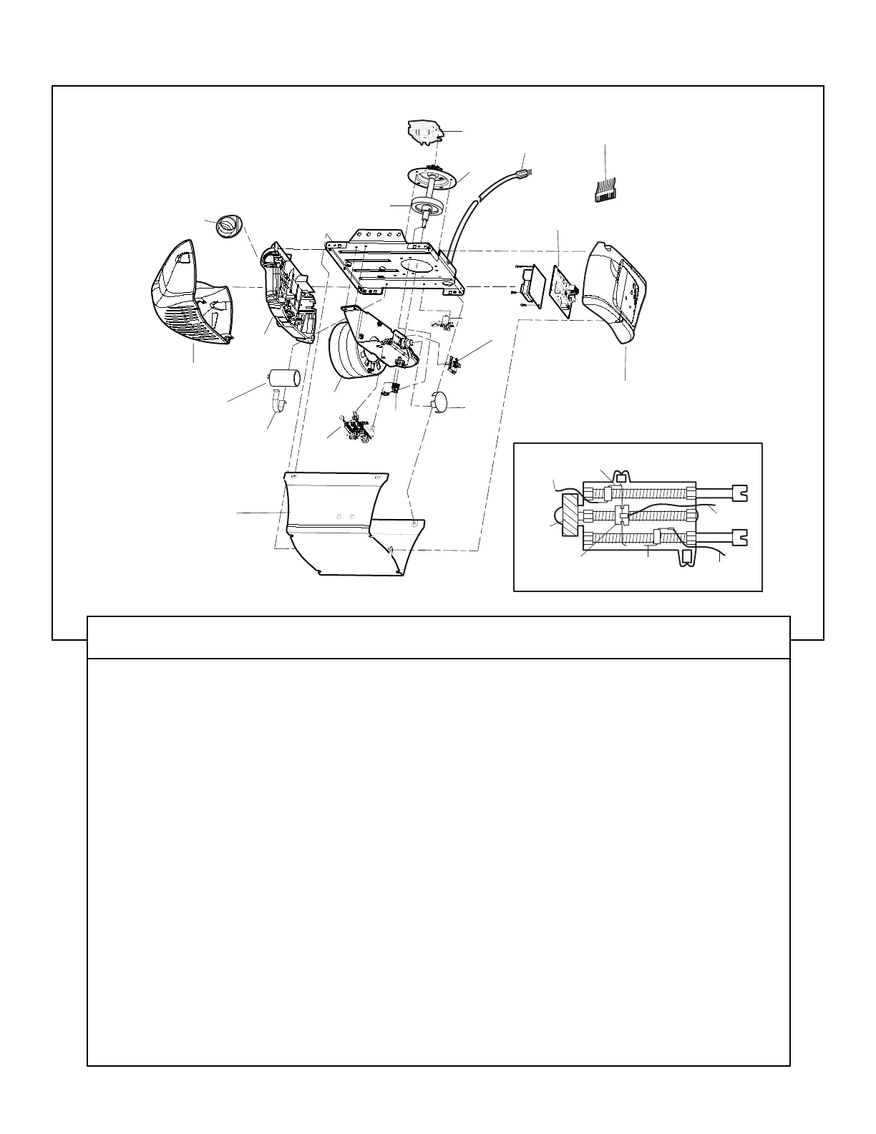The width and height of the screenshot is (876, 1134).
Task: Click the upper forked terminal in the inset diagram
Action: (x=737, y=493)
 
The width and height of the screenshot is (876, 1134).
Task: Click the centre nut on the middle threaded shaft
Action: (x=621, y=515)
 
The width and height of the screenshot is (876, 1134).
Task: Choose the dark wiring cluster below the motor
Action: (x=356, y=427)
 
